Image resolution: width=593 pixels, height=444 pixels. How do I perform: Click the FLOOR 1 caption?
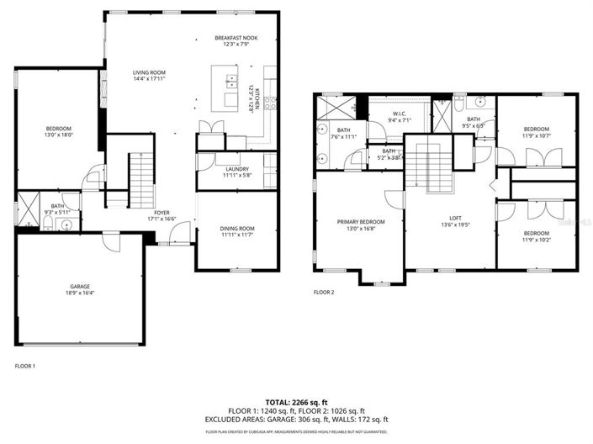[25, 366]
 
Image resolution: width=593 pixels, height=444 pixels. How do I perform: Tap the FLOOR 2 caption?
[324, 293]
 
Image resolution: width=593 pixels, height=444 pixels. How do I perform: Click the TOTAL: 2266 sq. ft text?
[296, 403]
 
